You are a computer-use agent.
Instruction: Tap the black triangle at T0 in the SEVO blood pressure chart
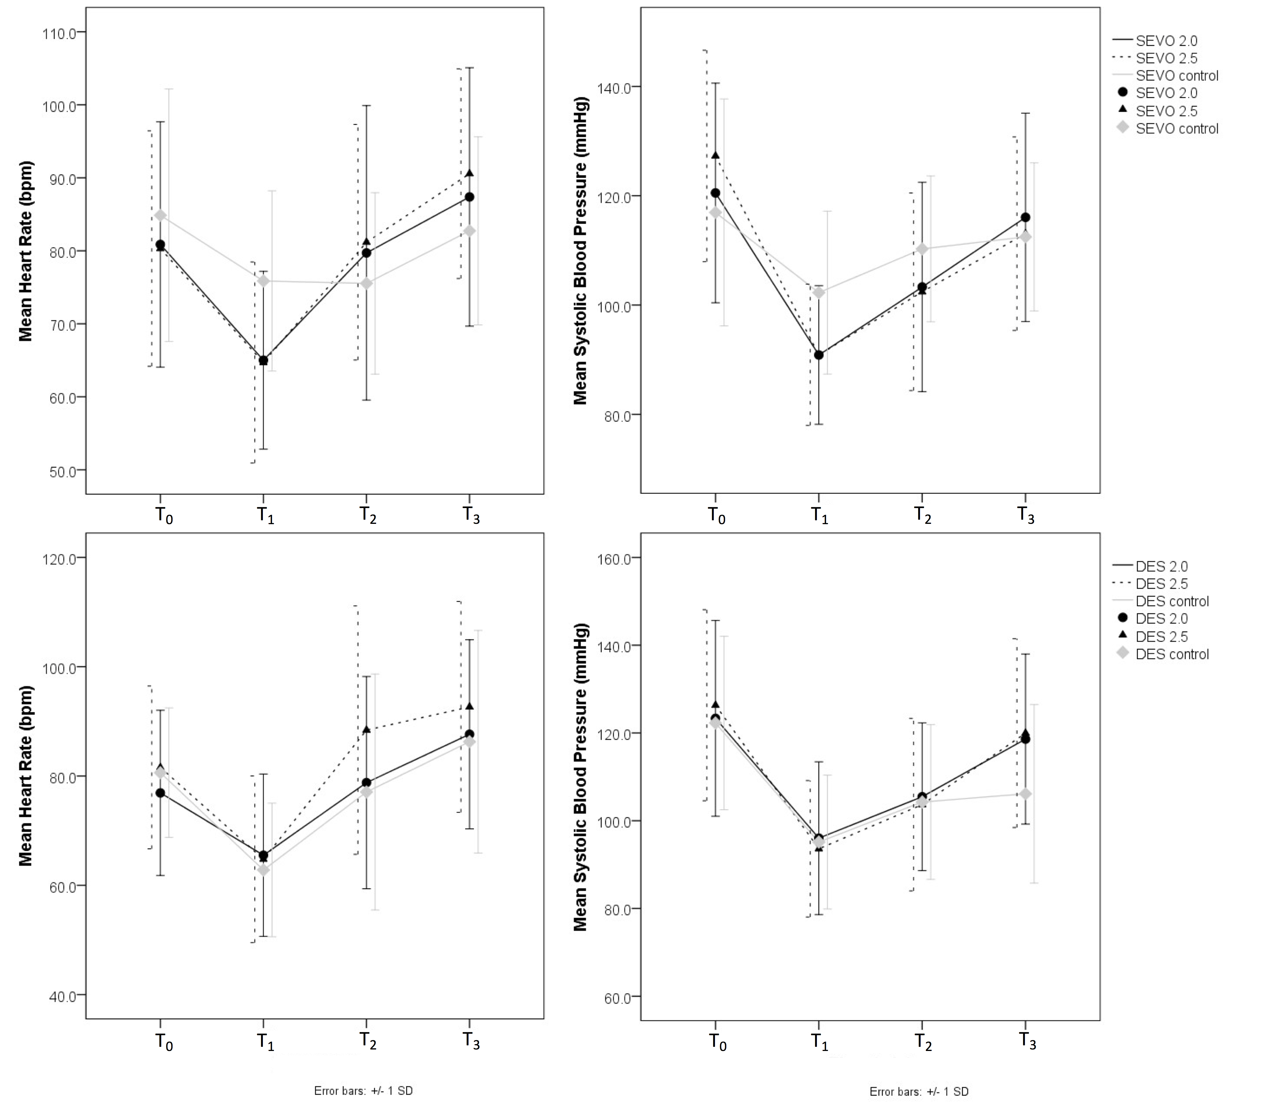pyautogui.click(x=716, y=156)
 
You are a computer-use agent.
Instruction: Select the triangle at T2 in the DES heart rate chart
pyautogui.click(x=367, y=729)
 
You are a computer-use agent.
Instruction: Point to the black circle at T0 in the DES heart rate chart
pyautogui.click(x=160, y=793)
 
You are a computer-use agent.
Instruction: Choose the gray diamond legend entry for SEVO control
pyautogui.click(x=1123, y=128)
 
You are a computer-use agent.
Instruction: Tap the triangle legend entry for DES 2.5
pyautogui.click(x=1123, y=636)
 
